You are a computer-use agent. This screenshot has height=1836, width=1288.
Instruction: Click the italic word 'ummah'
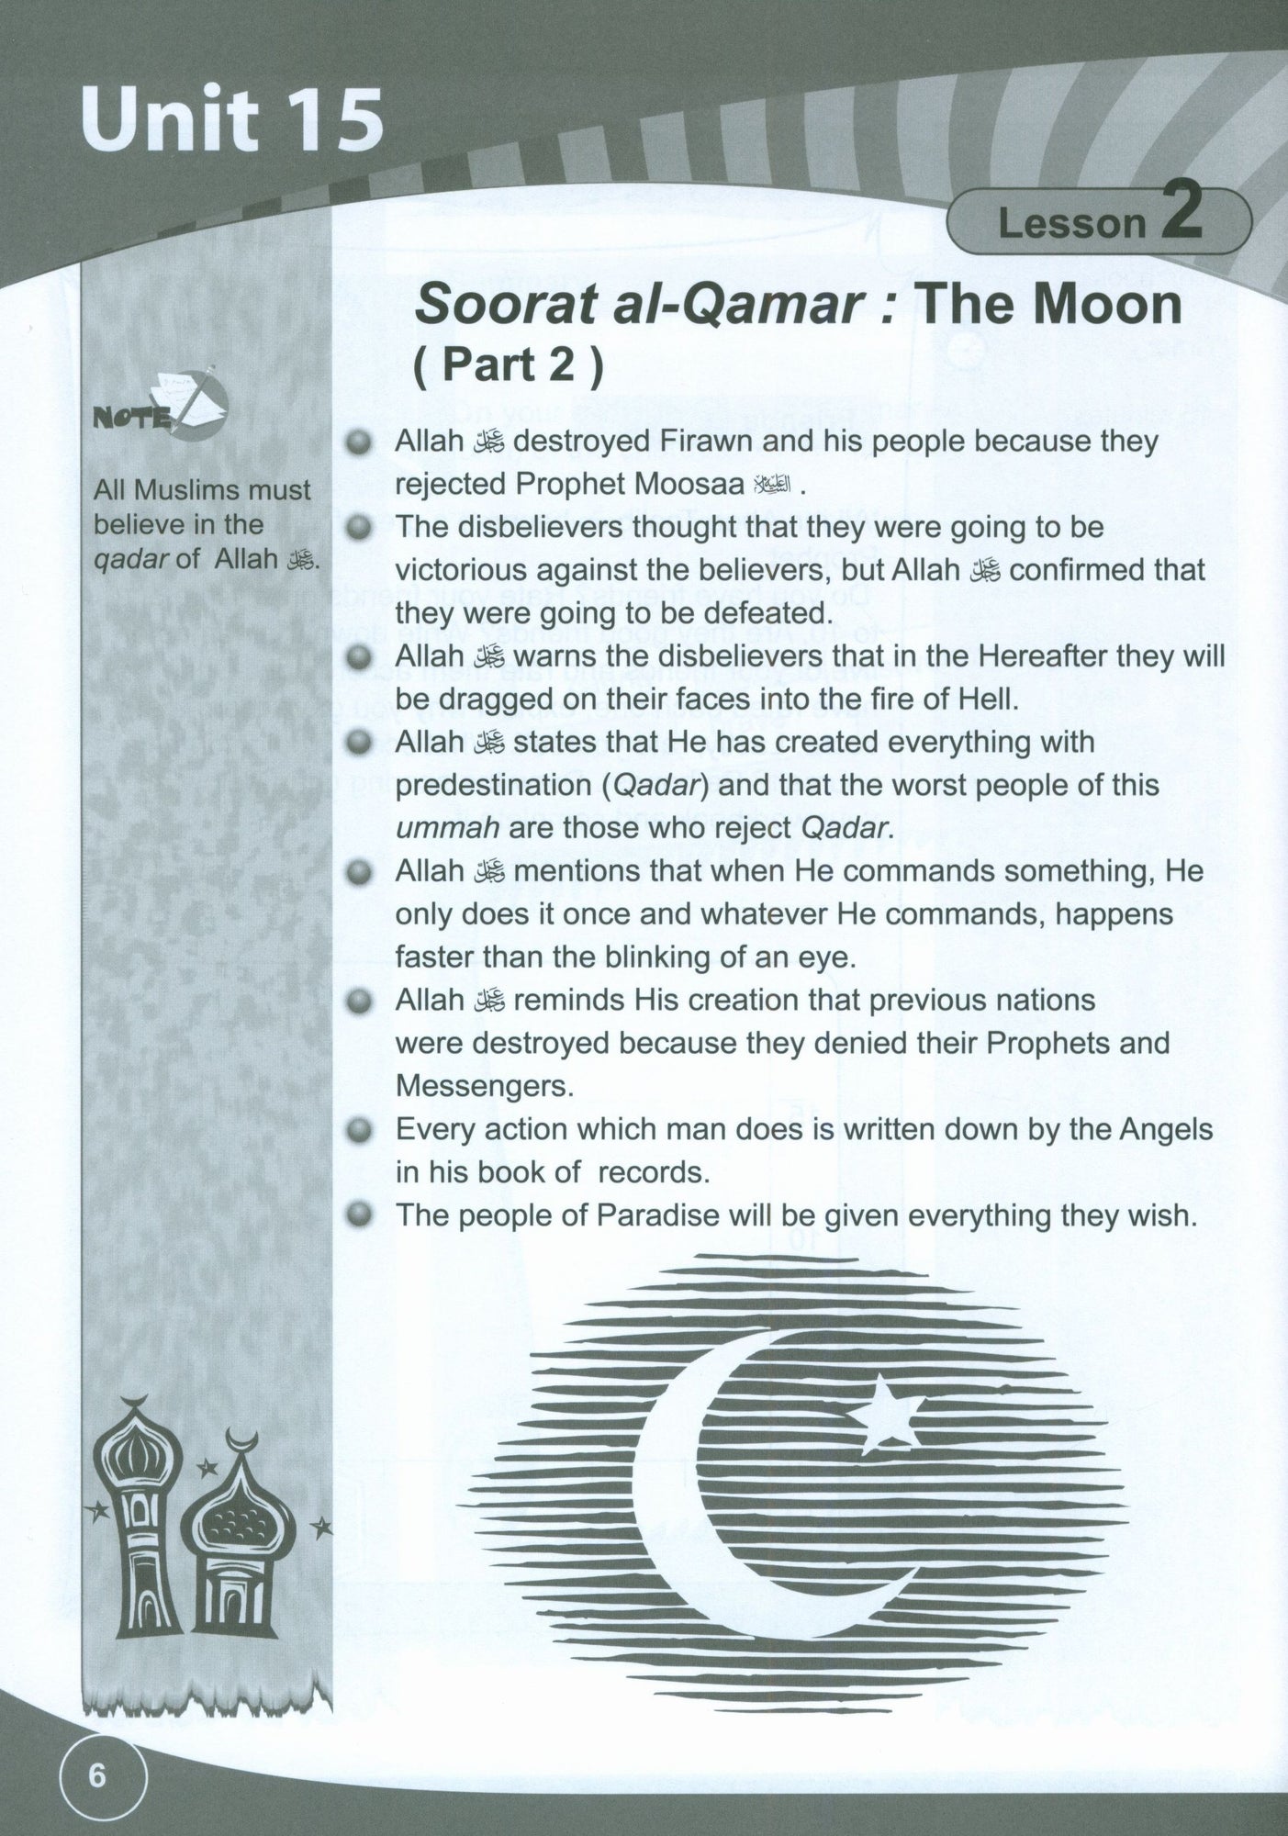coord(447,828)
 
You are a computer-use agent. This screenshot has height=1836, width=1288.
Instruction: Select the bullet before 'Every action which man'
coord(362,1129)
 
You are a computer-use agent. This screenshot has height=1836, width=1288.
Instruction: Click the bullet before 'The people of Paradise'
coord(362,1215)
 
